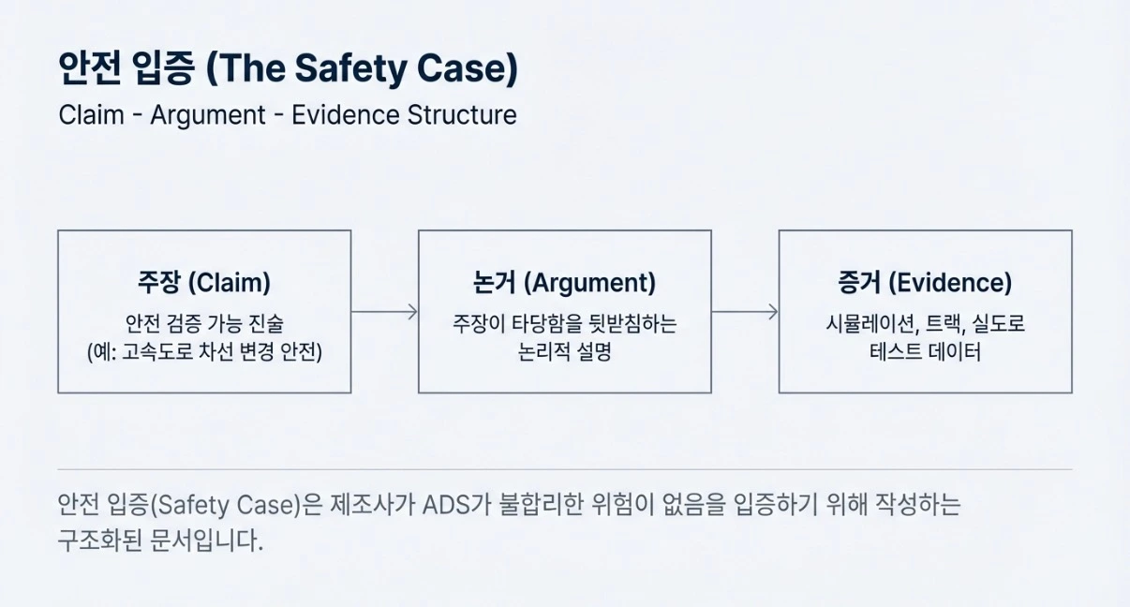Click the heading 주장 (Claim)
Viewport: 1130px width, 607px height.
coord(204,283)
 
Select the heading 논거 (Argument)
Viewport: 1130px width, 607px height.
coord(564,283)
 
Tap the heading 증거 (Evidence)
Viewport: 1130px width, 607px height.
coord(925,283)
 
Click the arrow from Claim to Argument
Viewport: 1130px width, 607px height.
coord(384,312)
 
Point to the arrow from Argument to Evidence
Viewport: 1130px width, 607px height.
coord(745,312)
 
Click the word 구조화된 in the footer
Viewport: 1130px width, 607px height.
coord(100,540)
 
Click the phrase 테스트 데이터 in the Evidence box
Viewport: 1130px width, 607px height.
coord(925,354)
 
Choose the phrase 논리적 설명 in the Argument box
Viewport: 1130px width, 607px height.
coord(564,354)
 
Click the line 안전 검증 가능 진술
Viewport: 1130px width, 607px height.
coord(204,324)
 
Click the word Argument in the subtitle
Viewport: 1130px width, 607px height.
coord(208,115)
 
